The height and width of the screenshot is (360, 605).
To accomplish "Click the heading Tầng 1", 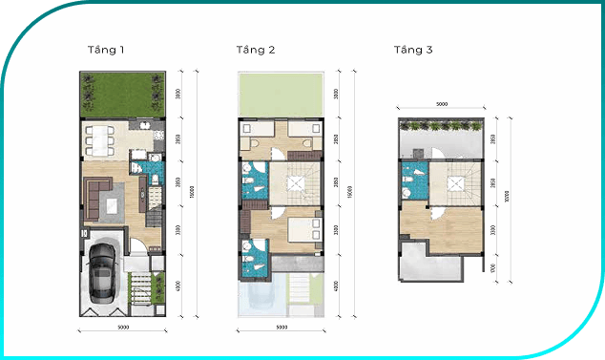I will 106,49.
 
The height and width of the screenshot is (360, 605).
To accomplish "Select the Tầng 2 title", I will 256,49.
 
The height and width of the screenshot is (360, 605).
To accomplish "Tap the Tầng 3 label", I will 414,49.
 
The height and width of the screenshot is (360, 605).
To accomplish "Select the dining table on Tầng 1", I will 100,140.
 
